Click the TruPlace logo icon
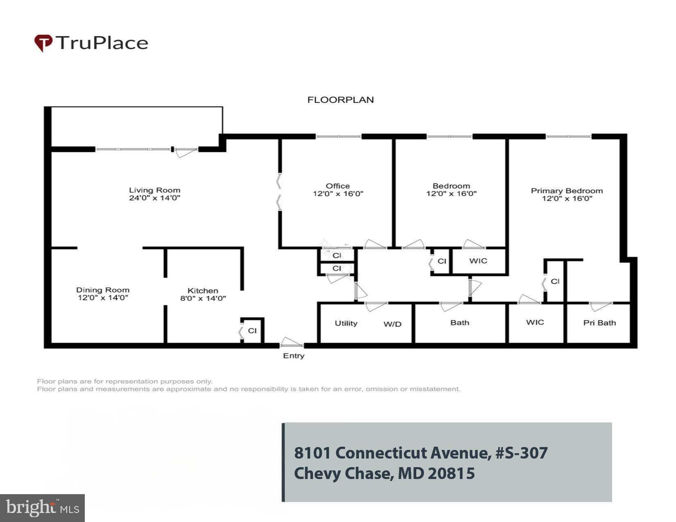point(43,43)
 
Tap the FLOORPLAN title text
point(340,100)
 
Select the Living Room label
point(154,190)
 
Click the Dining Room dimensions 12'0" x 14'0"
point(103,298)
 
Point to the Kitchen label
point(203,291)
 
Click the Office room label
point(338,186)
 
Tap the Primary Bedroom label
point(567,191)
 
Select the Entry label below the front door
point(293,356)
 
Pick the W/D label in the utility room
point(392,324)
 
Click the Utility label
point(346,323)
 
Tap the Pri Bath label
point(599,323)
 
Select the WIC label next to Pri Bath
point(535,322)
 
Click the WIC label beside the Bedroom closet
point(478,261)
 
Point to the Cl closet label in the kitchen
point(252,330)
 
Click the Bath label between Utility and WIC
point(459,323)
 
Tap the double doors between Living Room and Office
point(279,192)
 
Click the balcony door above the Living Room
point(186,152)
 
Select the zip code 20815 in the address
point(451,474)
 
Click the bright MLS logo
point(42,508)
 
